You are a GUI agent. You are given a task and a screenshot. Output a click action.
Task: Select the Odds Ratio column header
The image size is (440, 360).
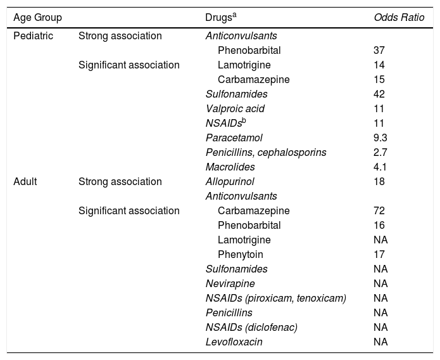tap(399, 16)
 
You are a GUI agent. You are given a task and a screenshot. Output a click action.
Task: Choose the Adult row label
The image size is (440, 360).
tap(26, 182)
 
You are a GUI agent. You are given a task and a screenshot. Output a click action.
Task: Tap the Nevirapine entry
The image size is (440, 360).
tap(230, 283)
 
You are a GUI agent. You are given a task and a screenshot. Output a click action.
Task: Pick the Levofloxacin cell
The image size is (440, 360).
tap(234, 342)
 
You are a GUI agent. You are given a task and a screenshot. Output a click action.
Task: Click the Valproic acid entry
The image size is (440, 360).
tap(235, 108)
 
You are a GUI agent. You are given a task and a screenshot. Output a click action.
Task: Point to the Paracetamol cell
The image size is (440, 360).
tap(234, 138)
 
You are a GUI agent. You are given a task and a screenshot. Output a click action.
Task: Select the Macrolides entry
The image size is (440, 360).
tap(230, 167)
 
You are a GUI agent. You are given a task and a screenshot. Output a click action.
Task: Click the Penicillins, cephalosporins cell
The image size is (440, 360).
tap(266, 152)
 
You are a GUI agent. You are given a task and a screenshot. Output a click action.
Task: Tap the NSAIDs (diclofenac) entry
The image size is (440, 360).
tap(252, 327)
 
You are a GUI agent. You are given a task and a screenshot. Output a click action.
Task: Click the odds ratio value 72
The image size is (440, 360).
tap(380, 210)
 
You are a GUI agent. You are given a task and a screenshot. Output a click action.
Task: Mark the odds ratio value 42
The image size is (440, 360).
tap(380, 94)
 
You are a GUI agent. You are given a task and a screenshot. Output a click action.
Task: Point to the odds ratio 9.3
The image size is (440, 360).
tap(382, 138)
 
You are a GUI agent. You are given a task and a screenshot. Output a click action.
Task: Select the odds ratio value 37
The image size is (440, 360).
tap(380, 50)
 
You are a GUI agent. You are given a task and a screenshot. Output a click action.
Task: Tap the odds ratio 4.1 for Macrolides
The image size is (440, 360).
tap(382, 167)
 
